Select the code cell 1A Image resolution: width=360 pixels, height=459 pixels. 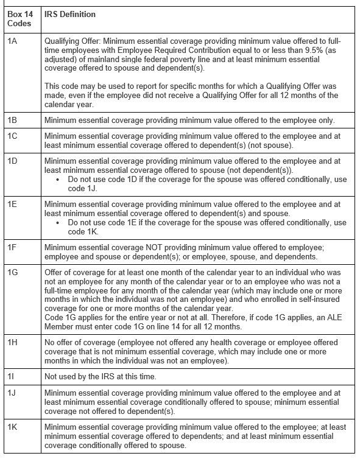tap(12, 41)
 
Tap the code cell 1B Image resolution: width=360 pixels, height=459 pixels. tap(12, 120)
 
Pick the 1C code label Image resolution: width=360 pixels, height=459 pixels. tap(12, 137)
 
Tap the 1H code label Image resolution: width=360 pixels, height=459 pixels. tap(12, 342)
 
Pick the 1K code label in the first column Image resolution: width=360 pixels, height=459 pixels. tap(12, 428)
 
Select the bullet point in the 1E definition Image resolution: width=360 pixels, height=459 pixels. tap(57, 222)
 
